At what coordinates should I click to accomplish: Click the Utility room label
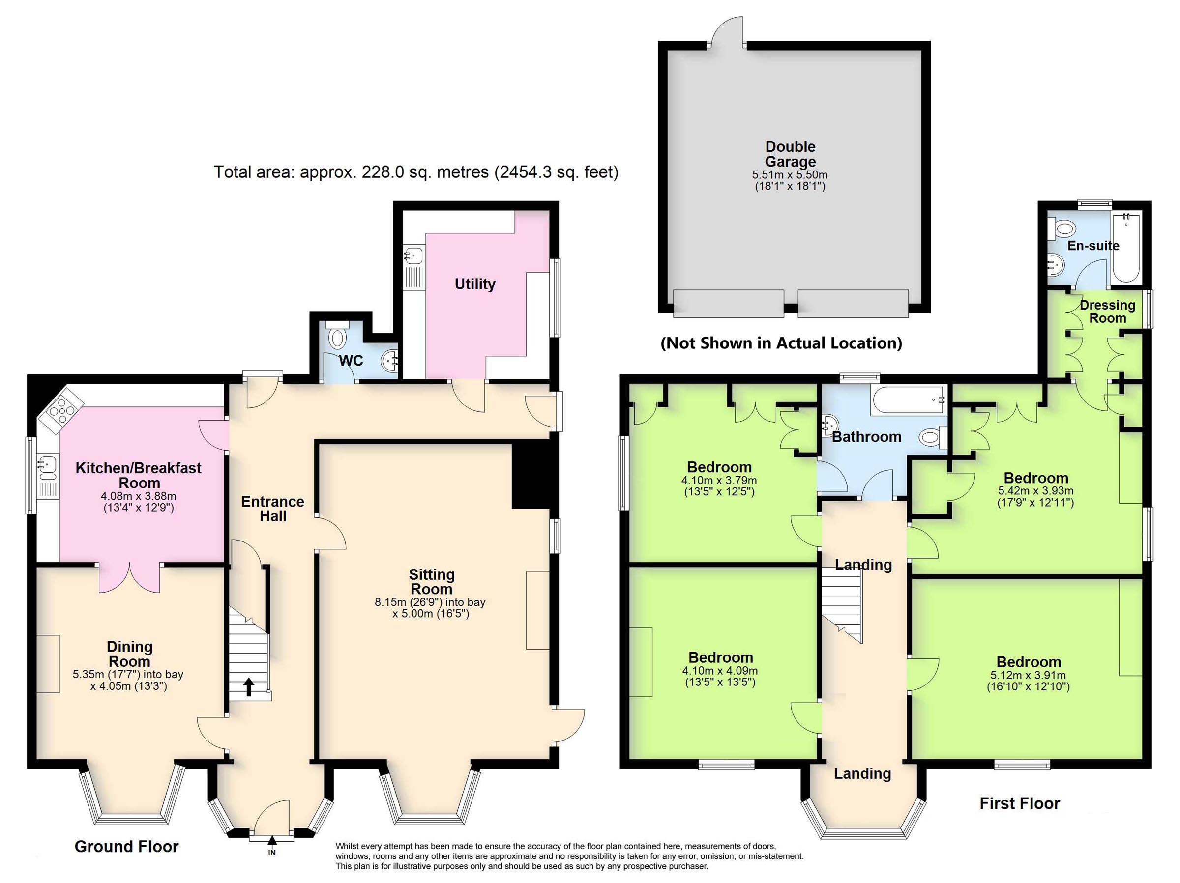[475, 284]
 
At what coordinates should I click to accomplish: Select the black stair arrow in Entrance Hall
[249, 687]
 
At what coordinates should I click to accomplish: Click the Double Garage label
[790, 154]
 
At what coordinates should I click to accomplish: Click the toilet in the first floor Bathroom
[930, 438]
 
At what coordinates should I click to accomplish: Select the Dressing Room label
[1107, 312]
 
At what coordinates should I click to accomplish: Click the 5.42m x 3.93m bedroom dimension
[1035, 490]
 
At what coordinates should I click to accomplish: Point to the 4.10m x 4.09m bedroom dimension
[720, 671]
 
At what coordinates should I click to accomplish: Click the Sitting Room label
[431, 582]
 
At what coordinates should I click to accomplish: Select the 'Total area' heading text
[415, 172]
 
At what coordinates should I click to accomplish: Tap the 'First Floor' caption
[1019, 803]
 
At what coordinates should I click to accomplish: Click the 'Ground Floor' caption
[126, 846]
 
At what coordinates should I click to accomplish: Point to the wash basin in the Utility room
[413, 256]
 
